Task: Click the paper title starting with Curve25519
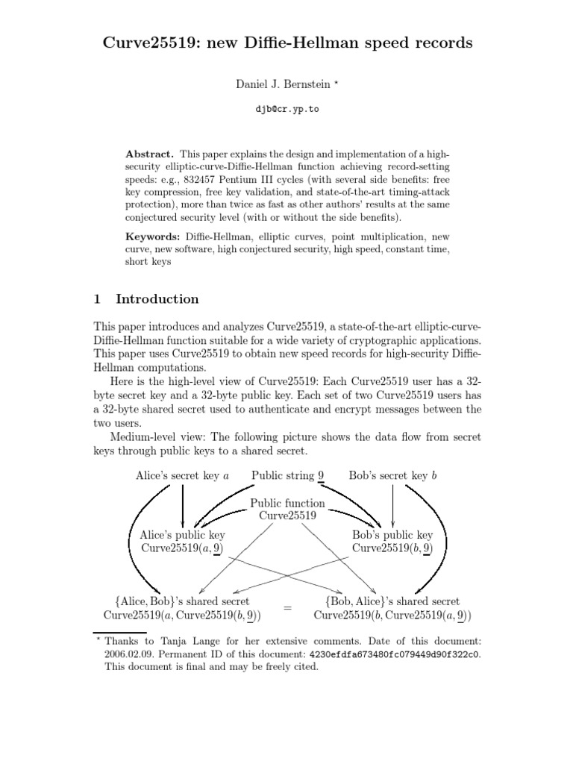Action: (287, 43)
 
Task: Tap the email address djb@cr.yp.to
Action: (286, 110)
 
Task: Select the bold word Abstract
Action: (148, 152)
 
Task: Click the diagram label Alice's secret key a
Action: (182, 475)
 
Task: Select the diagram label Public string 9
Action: (287, 475)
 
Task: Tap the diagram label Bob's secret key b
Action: (392, 475)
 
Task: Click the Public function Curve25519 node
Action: (287, 510)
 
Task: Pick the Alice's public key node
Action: (182, 542)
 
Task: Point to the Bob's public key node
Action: (392, 542)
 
